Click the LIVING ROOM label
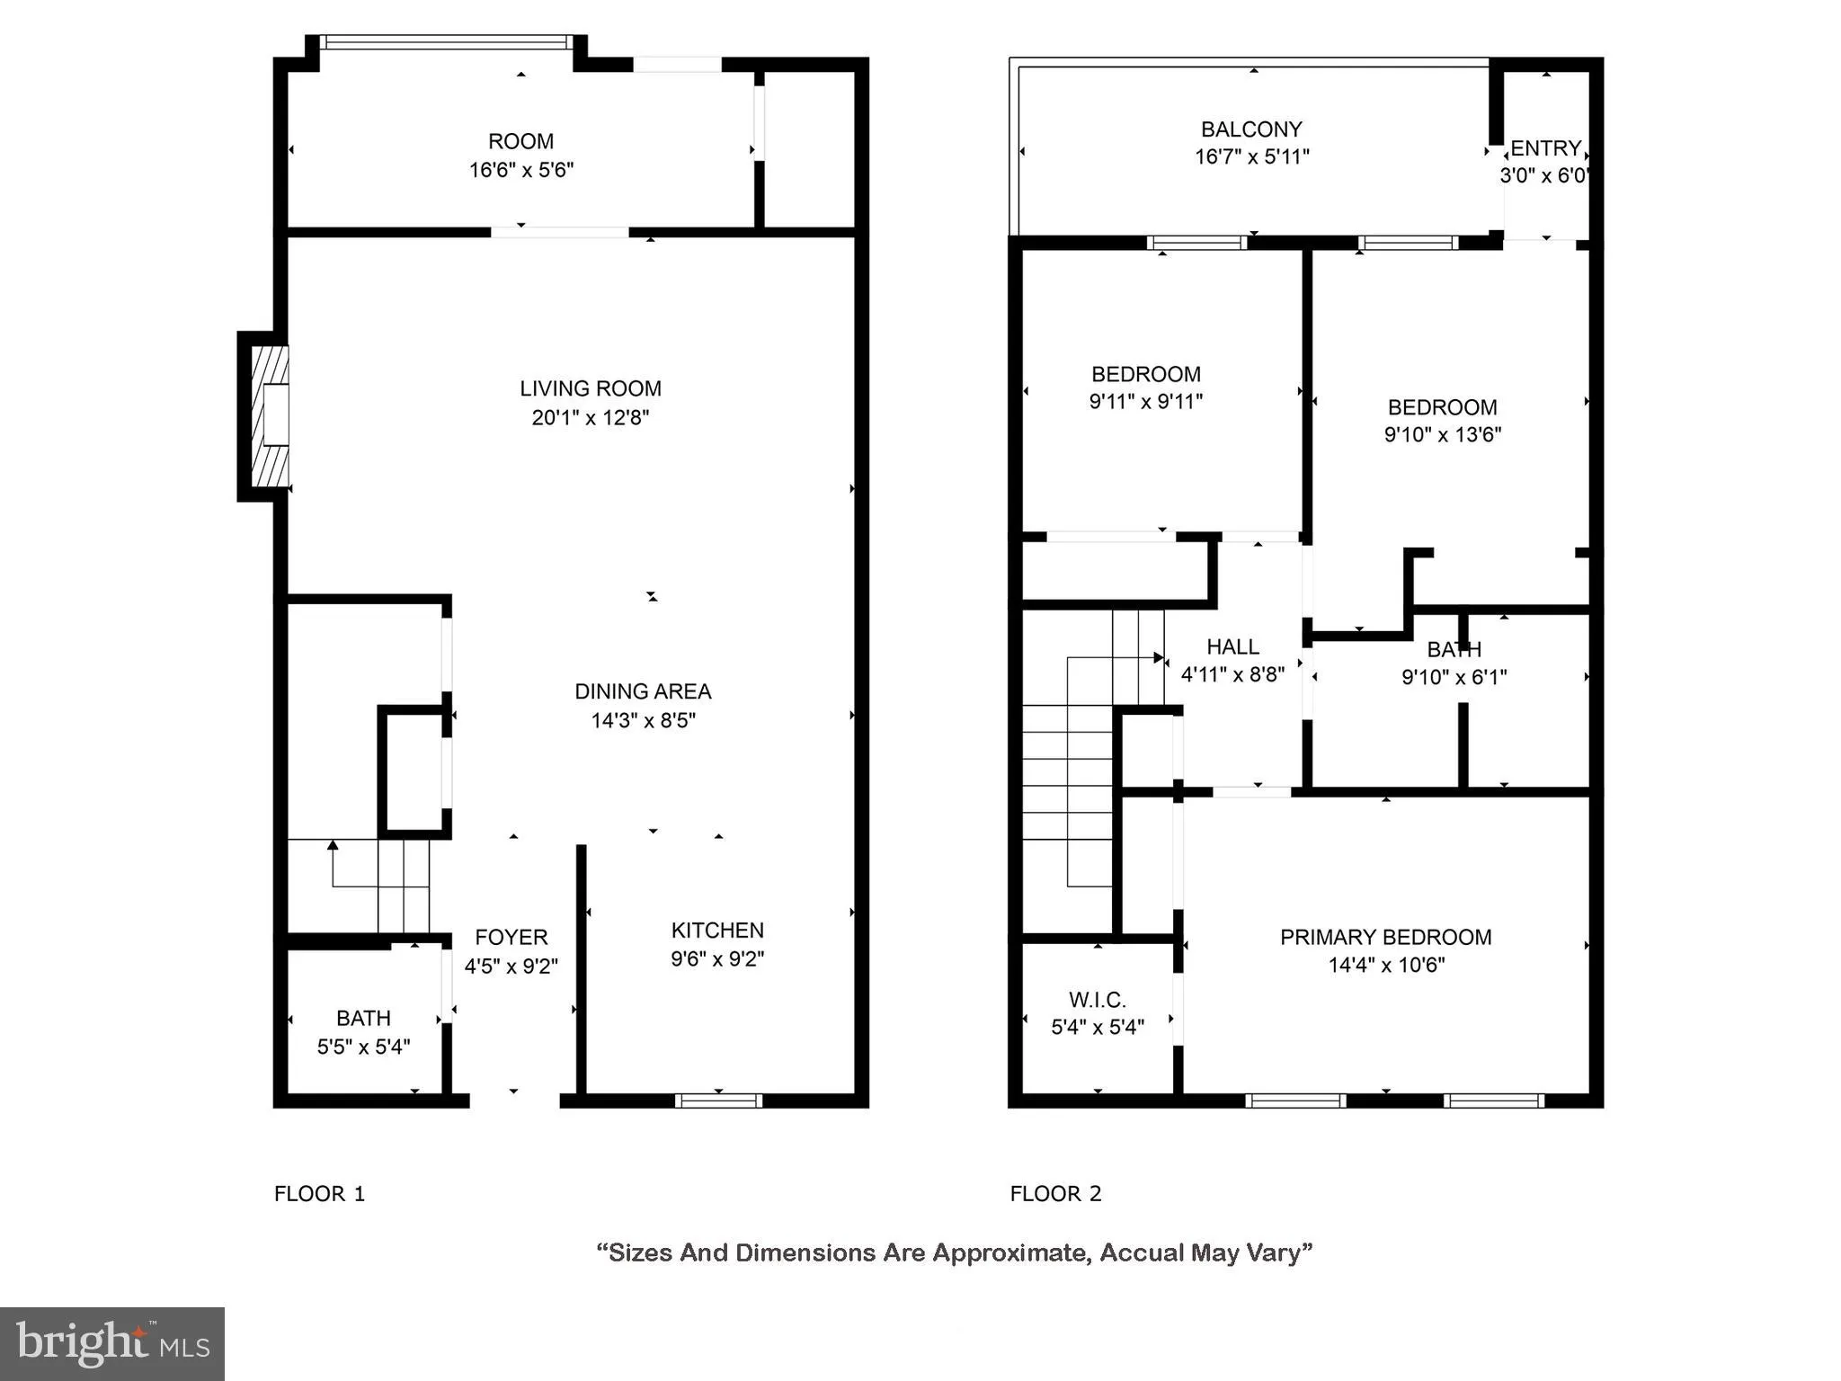[590, 388]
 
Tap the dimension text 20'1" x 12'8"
[590, 417]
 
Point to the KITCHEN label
[717, 930]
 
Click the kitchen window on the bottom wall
[718, 1100]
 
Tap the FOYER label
[511, 937]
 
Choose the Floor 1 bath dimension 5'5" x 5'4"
[363, 1047]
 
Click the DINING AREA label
[643, 691]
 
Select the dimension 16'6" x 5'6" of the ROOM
[520, 170]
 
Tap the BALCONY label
[1251, 129]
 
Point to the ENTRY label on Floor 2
[1545, 148]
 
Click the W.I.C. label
[1097, 1000]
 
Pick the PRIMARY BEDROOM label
[1385, 937]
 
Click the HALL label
[1232, 646]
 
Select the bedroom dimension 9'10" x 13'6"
[1442, 434]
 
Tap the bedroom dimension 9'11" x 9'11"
[1145, 401]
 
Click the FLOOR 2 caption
[1055, 1193]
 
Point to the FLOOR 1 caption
[319, 1193]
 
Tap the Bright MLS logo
[112, 1343]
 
